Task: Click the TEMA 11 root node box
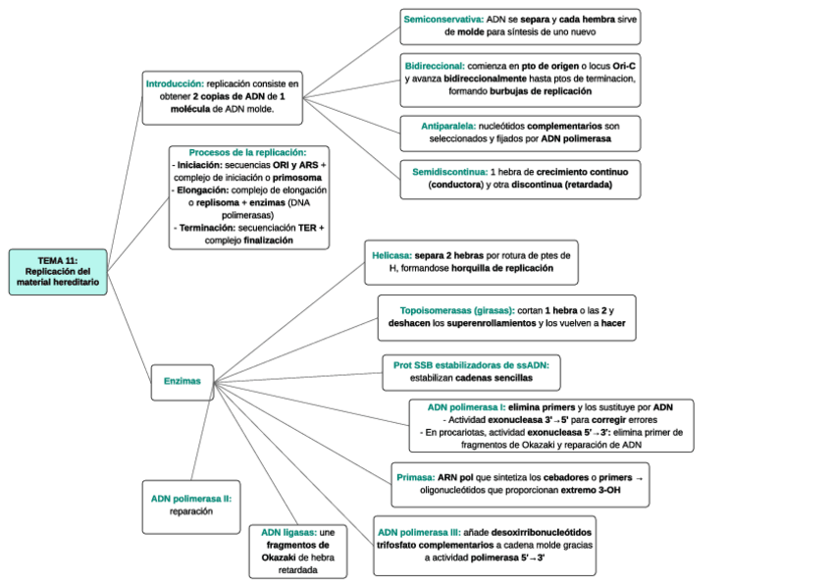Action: tap(57, 271)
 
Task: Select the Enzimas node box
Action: tap(182, 381)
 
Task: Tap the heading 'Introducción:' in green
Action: tap(175, 84)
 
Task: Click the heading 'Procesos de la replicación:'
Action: tap(247, 152)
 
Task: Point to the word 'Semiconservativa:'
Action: tap(443, 19)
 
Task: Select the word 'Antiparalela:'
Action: tap(448, 127)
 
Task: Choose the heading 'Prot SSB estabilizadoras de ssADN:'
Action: tap(471, 364)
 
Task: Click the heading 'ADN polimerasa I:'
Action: tap(466, 406)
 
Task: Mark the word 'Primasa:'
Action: tap(416, 476)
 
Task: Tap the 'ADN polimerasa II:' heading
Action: tap(190, 498)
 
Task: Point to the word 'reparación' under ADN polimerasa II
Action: tap(190, 510)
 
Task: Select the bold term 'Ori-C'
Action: tap(623, 66)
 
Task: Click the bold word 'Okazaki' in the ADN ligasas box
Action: tap(286, 557)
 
